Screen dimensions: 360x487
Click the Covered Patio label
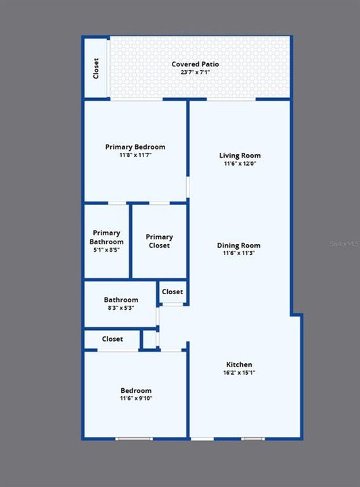point(195,64)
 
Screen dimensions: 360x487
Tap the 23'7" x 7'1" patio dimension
point(196,72)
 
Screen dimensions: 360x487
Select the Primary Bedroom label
point(135,147)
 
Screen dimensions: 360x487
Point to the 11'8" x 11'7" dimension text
point(135,155)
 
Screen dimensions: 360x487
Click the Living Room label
point(240,156)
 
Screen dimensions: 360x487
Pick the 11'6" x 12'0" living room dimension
point(240,164)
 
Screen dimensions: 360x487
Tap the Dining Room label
point(239,246)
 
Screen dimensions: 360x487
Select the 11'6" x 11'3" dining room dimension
point(239,253)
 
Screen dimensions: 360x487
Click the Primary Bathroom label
point(106,237)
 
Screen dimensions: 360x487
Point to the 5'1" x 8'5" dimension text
point(106,250)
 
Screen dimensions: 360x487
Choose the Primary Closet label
point(159,241)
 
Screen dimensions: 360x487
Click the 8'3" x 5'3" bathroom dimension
point(121,308)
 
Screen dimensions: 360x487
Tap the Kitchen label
point(239,365)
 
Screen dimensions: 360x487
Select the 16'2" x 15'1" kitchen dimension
point(239,373)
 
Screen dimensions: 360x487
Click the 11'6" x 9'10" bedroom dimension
point(136,398)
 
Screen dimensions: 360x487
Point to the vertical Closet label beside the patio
point(96,68)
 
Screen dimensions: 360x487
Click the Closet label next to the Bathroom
point(173,292)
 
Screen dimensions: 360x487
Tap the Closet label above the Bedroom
point(112,339)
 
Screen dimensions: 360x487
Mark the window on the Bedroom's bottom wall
point(134,439)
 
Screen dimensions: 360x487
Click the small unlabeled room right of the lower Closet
point(150,340)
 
